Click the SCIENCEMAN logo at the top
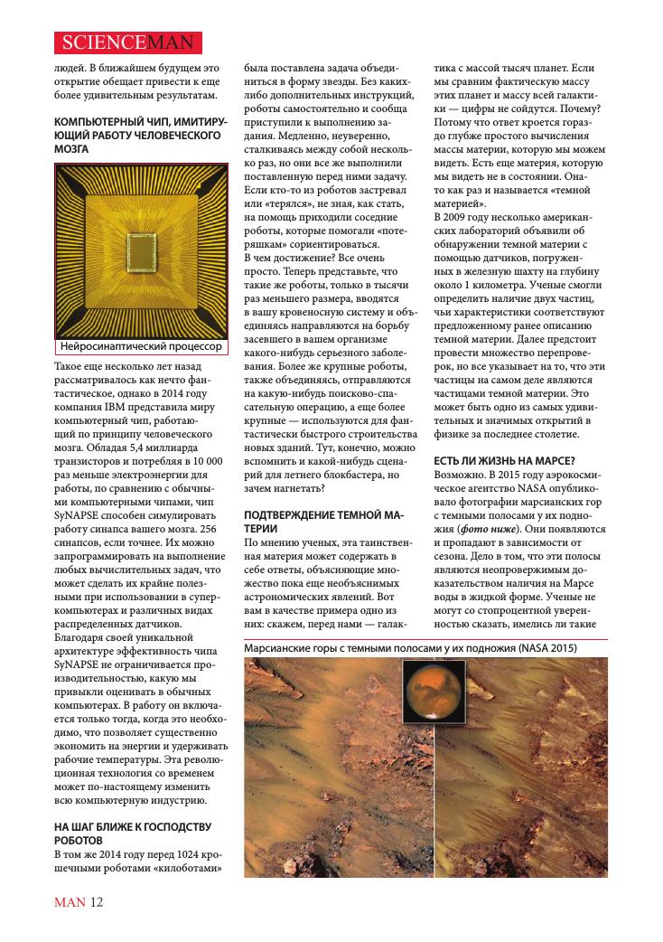[x=126, y=41]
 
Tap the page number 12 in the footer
[x=97, y=902]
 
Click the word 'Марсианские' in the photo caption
[x=281, y=648]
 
